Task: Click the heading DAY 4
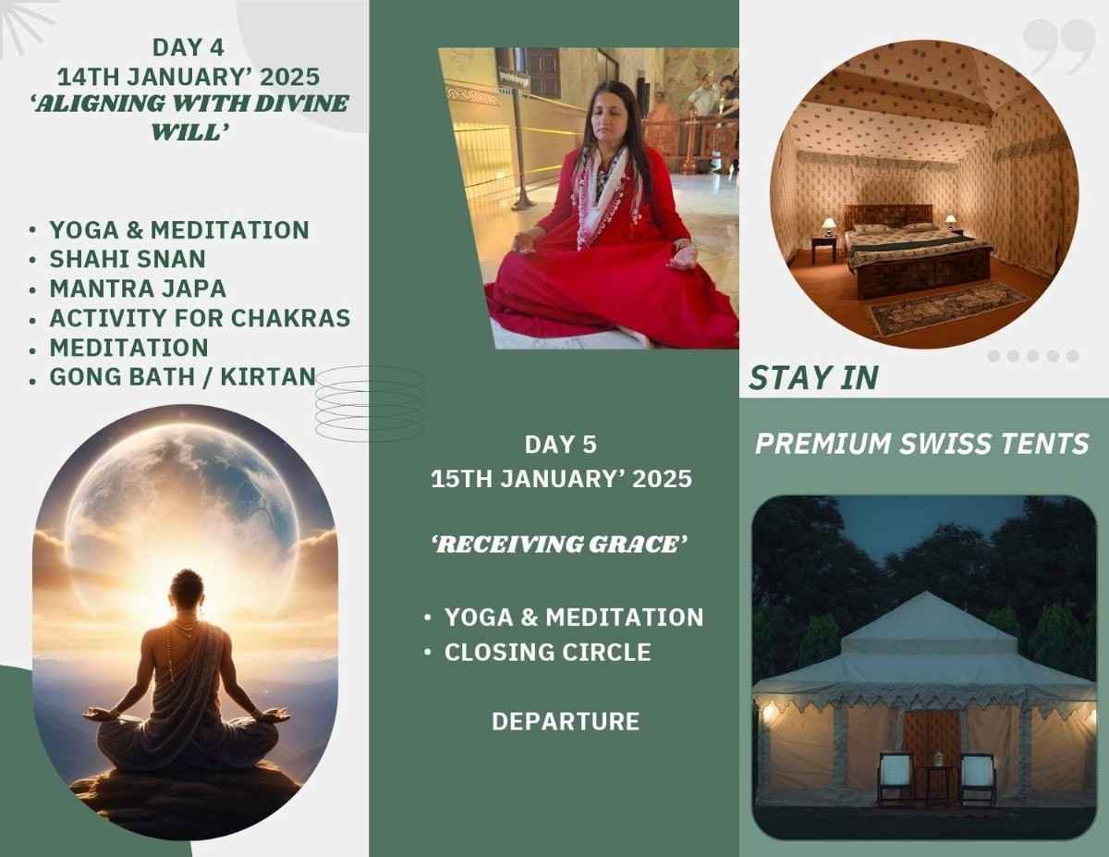(x=188, y=47)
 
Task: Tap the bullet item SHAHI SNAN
(x=128, y=259)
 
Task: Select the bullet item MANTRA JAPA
(x=138, y=288)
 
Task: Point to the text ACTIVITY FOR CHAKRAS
(x=200, y=318)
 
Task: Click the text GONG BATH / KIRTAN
(x=183, y=376)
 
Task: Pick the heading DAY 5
(x=560, y=444)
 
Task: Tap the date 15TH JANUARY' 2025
(x=561, y=479)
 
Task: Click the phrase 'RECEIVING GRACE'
(x=559, y=545)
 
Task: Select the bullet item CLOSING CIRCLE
(x=548, y=653)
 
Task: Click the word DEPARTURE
(x=566, y=722)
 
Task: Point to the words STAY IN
(x=813, y=378)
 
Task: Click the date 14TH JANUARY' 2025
(x=189, y=77)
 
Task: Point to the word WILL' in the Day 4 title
(x=189, y=133)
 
